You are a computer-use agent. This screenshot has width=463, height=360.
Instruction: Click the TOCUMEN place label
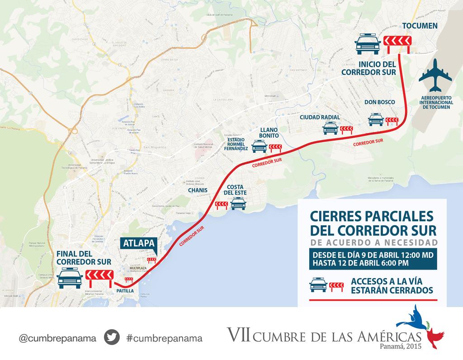(420, 26)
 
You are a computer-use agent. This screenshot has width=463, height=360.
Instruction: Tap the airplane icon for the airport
(435, 75)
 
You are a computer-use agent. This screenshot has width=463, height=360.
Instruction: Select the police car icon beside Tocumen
(367, 44)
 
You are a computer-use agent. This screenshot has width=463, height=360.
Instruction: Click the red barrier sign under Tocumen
(397, 44)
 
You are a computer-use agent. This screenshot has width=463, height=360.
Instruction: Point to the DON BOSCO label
(380, 102)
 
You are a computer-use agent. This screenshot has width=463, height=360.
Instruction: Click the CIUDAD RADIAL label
(320, 117)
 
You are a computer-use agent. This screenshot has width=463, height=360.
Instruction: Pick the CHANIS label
(198, 190)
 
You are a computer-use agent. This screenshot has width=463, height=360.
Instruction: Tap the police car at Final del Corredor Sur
(70, 277)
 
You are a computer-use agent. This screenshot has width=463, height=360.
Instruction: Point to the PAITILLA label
(125, 291)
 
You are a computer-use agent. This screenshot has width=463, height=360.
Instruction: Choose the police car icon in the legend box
(318, 285)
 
